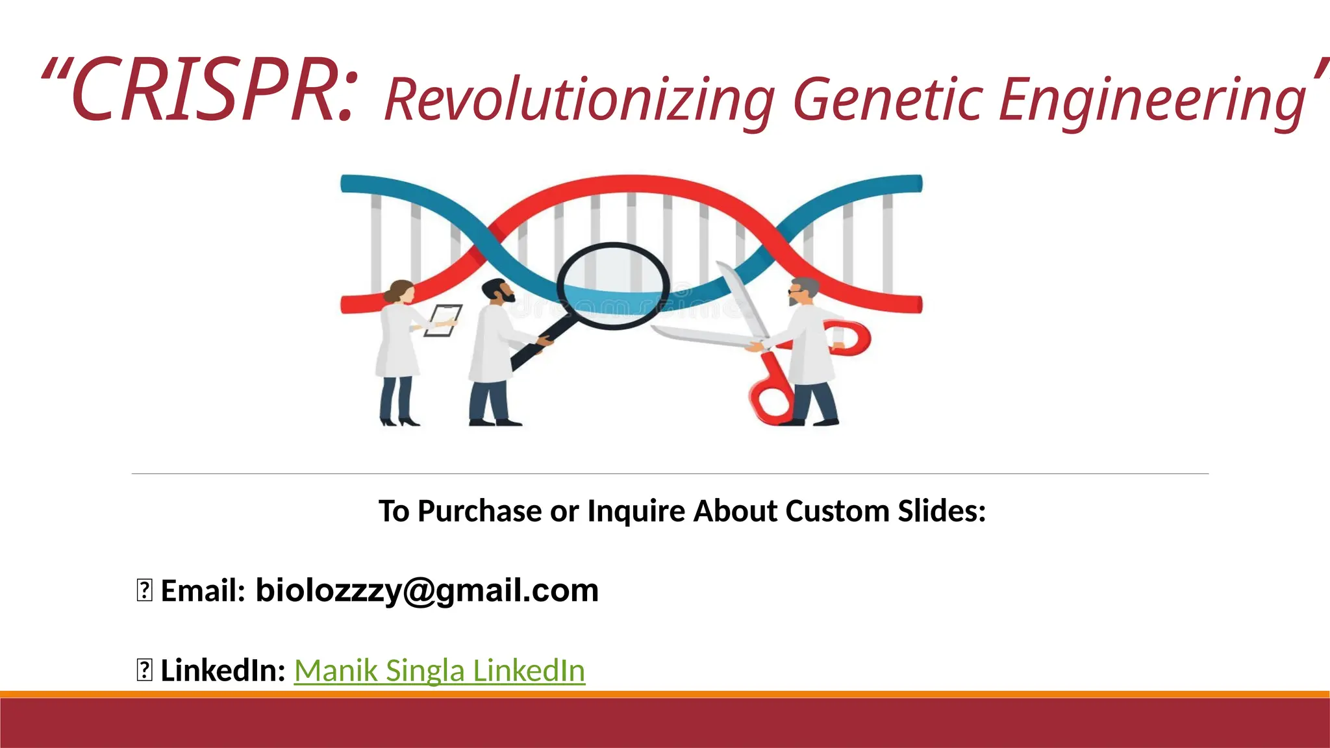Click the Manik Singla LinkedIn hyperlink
pos(440,670)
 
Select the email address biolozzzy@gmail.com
pos(427,590)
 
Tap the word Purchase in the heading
pos(479,511)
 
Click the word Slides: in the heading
pos(942,511)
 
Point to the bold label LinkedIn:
pos(223,670)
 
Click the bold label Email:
pos(203,590)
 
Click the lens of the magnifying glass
pos(613,286)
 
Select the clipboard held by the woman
pos(443,320)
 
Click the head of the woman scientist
pos(401,292)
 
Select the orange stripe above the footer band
pos(665,694)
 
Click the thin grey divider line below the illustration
pos(669,474)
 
